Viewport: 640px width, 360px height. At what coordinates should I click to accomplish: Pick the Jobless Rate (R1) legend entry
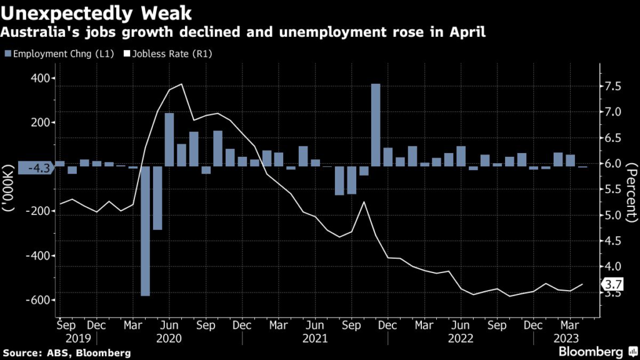coord(169,54)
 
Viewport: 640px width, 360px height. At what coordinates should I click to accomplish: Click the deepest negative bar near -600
coord(146,231)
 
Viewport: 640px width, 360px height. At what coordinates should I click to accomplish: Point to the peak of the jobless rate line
coord(181,84)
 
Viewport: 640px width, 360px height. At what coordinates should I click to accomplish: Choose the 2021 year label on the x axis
coord(315,338)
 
